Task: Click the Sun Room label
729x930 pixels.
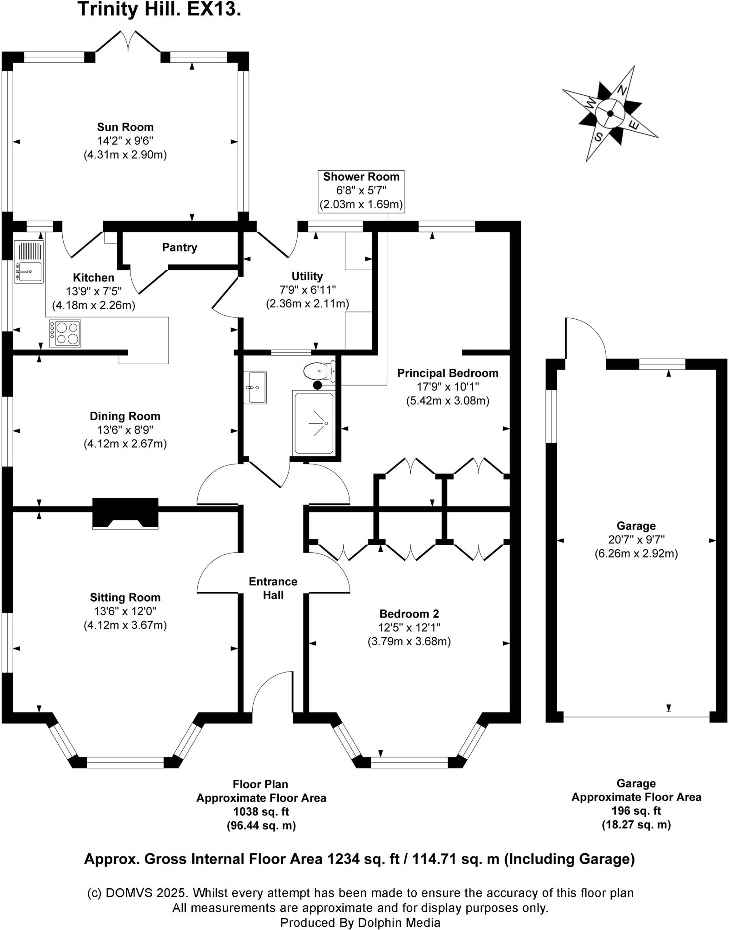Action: click(125, 127)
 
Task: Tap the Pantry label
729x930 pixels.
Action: click(180, 247)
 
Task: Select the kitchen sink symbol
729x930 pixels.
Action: click(29, 262)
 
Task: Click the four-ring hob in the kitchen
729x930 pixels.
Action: click(65, 333)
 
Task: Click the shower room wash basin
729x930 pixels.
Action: click(255, 387)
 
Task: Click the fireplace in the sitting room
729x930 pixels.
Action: click(125, 513)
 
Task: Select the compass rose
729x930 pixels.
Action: click(610, 114)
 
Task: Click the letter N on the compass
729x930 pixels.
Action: click(623, 90)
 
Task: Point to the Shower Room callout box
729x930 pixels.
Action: click(361, 191)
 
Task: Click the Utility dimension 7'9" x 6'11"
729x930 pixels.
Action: click(307, 290)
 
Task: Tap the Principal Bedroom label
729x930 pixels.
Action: click(448, 373)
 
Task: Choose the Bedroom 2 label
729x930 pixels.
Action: click(409, 614)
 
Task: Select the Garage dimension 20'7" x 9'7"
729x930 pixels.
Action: click(636, 540)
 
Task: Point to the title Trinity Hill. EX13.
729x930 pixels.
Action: click(159, 9)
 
